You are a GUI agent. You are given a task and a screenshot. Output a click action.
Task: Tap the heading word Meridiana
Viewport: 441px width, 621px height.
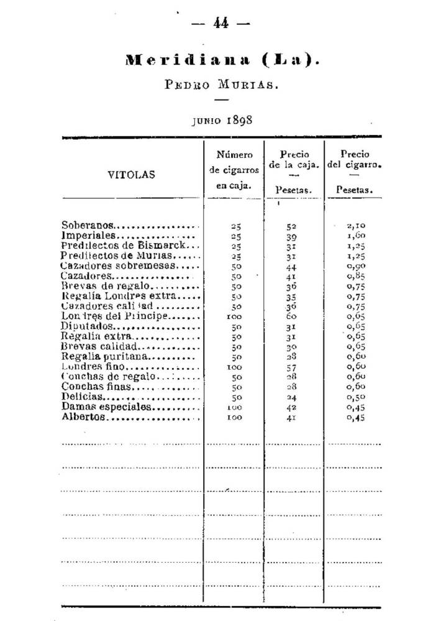point(180,60)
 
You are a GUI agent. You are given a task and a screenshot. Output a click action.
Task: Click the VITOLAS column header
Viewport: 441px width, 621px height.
point(132,175)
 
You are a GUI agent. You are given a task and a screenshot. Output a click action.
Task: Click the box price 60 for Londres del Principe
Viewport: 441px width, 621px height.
point(292,316)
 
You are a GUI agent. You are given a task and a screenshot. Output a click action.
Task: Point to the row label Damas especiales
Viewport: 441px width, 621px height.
point(106,407)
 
